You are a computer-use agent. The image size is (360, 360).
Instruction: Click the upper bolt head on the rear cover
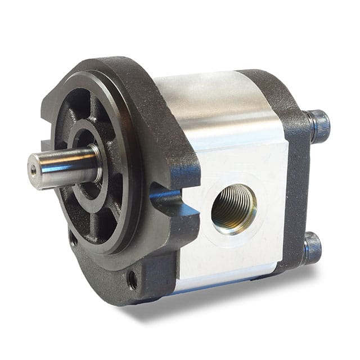(x=319, y=127)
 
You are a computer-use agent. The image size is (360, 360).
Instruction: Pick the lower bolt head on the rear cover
(x=313, y=247)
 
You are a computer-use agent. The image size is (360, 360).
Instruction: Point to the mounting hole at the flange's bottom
(x=132, y=280)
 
